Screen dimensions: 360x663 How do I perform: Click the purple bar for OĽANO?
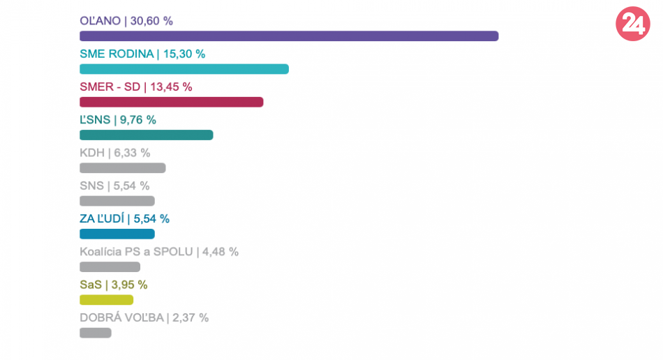(x=289, y=36)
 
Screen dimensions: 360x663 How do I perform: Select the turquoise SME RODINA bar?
(x=184, y=69)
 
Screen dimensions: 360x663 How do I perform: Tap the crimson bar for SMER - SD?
(x=172, y=102)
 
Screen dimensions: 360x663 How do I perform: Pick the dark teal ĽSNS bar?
(x=147, y=135)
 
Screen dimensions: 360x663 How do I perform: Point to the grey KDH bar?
(x=123, y=167)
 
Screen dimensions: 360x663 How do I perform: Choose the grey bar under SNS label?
(x=117, y=201)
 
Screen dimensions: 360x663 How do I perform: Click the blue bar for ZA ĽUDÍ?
(x=117, y=234)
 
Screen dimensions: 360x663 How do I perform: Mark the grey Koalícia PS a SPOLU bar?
(x=110, y=267)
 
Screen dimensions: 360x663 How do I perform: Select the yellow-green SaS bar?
(x=106, y=300)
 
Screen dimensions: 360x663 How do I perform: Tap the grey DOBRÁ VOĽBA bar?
(x=96, y=333)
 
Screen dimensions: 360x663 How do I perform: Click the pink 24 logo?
(x=632, y=24)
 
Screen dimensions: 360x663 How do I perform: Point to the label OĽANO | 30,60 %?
(x=126, y=21)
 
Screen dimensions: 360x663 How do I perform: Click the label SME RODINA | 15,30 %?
(x=142, y=54)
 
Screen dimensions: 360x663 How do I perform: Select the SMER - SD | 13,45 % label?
(x=136, y=87)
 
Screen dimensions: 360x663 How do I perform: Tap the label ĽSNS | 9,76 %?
(x=118, y=119)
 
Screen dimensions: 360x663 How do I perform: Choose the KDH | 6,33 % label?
(x=115, y=152)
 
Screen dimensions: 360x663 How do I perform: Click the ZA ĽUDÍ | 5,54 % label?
(x=125, y=218)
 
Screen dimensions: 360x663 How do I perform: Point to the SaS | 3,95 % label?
(x=114, y=285)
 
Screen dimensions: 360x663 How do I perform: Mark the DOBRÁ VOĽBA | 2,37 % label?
(x=144, y=317)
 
